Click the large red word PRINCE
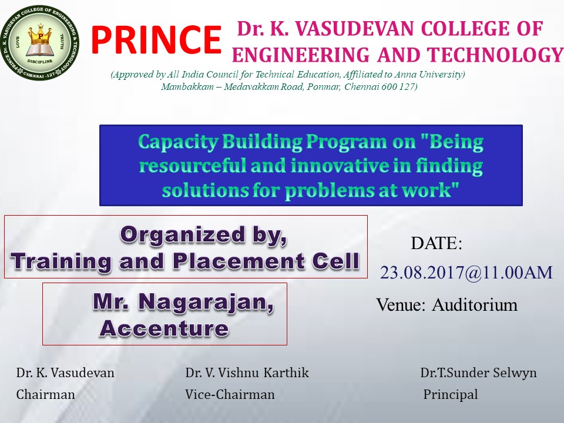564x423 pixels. (x=156, y=39)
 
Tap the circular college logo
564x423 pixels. (x=39, y=43)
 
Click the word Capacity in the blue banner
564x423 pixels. (x=178, y=142)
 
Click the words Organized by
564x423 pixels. (x=204, y=236)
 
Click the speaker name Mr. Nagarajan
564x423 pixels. (x=183, y=302)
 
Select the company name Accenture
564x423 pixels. (x=164, y=328)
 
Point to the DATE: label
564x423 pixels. (x=437, y=243)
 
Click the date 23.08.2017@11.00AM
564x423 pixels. (x=466, y=273)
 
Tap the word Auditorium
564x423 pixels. (x=475, y=305)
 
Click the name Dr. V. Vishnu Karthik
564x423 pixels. (x=247, y=372)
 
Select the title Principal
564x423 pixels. (x=451, y=395)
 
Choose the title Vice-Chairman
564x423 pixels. (x=230, y=395)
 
